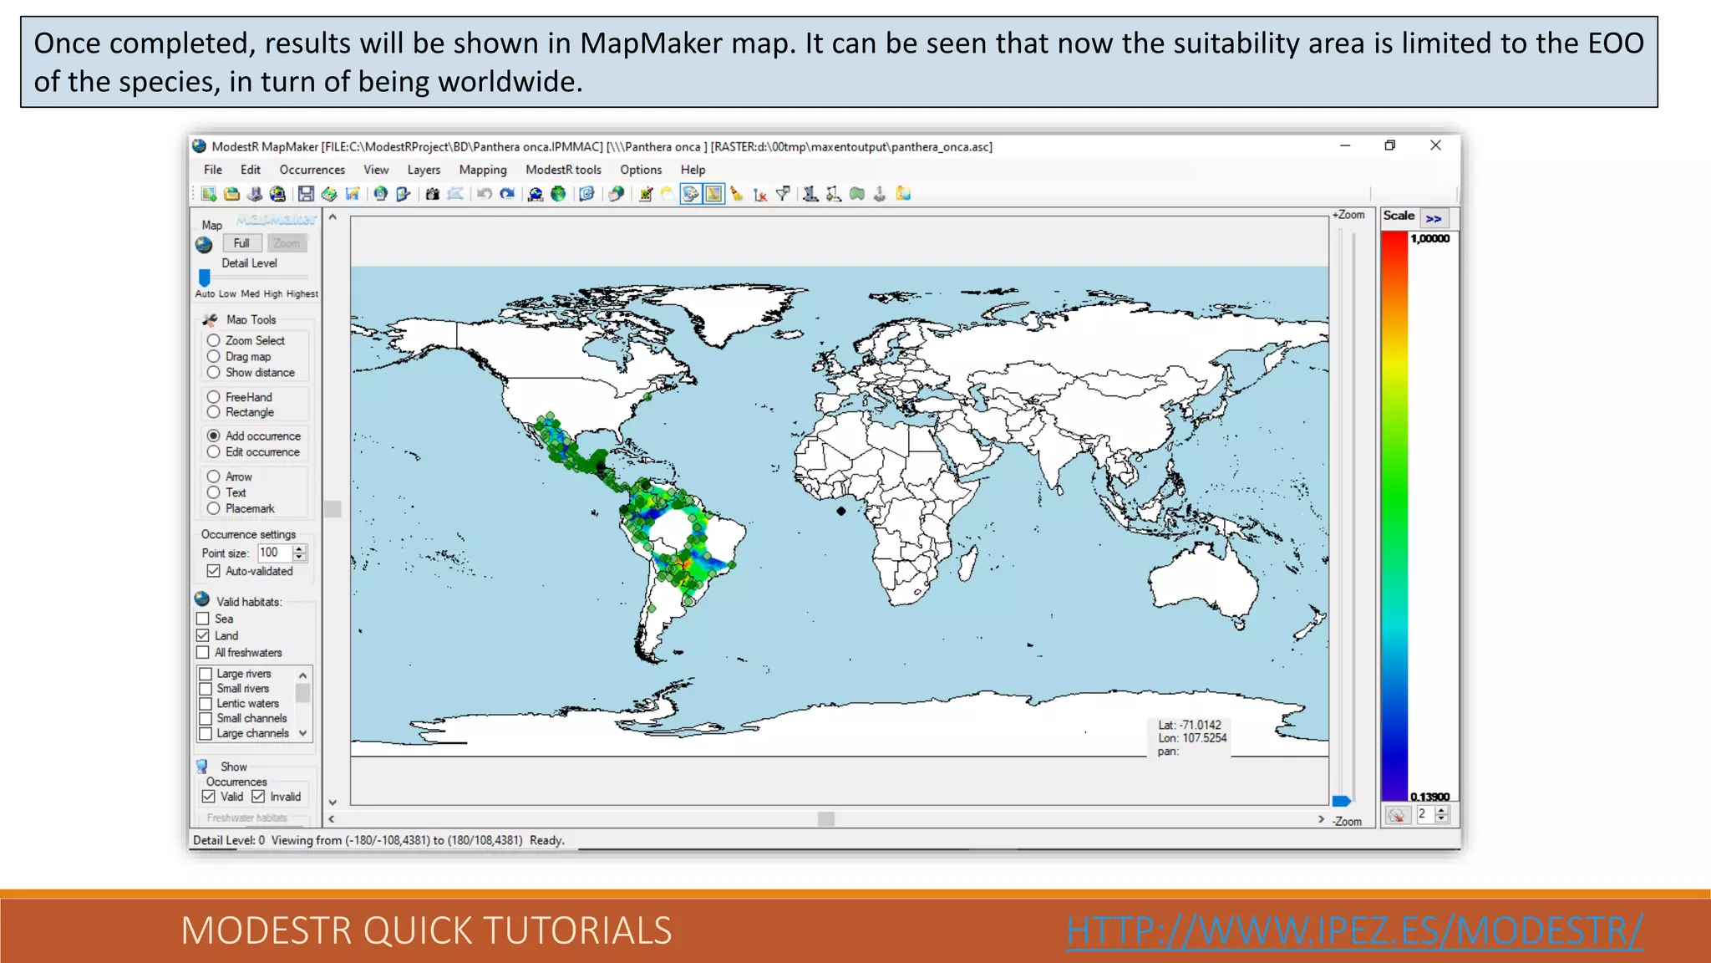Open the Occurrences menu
[x=312, y=170]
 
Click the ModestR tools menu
[x=563, y=170]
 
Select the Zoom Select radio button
[x=214, y=341]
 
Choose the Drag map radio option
[x=214, y=357]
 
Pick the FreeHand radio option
[x=214, y=397]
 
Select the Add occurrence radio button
[x=214, y=436]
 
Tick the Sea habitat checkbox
[x=203, y=619]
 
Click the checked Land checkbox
[x=203, y=636]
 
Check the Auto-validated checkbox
[x=214, y=572]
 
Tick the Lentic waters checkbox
[x=206, y=704]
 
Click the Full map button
[x=241, y=243]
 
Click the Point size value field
[x=274, y=553]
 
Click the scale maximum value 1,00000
[x=1429, y=239]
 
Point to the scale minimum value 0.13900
[x=1429, y=797]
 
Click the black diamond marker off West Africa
[x=841, y=511]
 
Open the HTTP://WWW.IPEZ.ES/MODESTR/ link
[x=1354, y=930]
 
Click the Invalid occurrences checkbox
[x=259, y=797]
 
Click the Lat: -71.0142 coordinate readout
[x=1190, y=726]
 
